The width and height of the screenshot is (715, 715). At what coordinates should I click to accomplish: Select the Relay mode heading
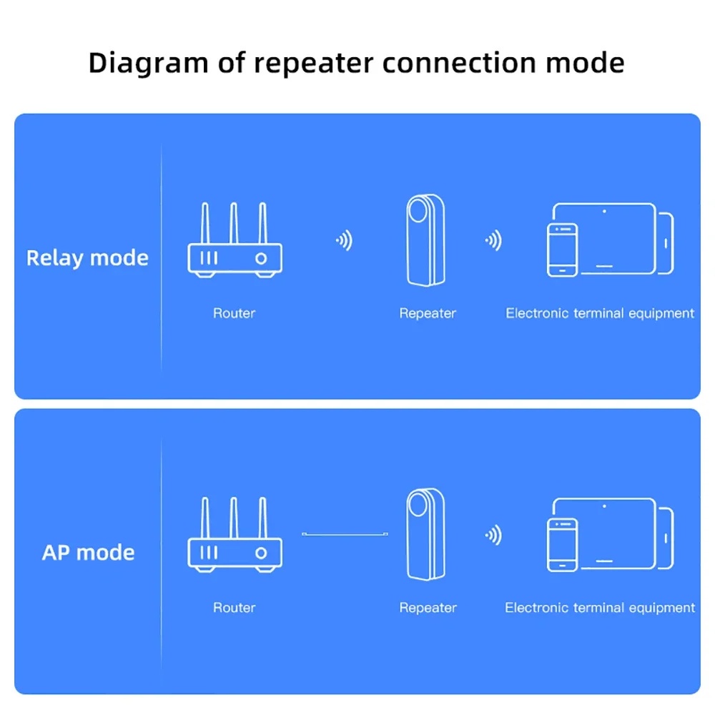87,257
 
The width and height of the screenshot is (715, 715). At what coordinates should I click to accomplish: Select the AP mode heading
88,552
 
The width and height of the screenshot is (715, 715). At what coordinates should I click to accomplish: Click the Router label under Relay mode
234,313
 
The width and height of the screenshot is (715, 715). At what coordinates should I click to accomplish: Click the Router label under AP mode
234,608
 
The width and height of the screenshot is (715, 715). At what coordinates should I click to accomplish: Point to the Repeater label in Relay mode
428,313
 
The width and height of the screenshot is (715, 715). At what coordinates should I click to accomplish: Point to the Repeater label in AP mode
428,608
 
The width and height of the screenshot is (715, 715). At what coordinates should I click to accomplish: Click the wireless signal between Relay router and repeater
345,241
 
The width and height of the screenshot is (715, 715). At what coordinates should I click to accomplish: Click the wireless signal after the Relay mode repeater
493,241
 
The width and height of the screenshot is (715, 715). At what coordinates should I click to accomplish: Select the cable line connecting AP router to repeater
345,534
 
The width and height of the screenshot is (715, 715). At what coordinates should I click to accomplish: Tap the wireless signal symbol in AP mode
493,535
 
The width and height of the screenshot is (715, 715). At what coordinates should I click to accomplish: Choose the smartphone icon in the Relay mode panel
562,250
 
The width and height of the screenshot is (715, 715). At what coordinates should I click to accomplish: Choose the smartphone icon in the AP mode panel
562,545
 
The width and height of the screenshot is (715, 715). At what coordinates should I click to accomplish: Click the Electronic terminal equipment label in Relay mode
600,313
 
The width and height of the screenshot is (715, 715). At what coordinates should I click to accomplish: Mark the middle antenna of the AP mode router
233,515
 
